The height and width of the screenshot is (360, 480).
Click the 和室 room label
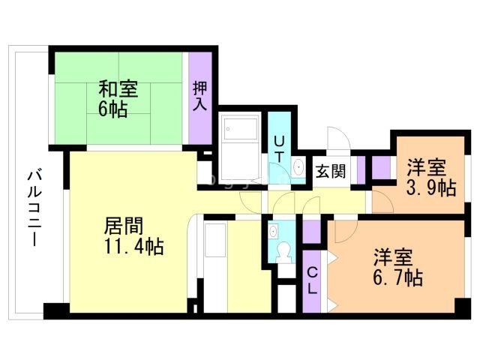coord(118,88)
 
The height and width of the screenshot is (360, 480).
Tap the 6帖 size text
coord(112,109)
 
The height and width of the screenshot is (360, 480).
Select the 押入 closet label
coord(200,97)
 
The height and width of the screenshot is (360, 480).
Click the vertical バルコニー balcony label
coord(34,208)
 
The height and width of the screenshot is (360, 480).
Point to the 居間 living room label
coord(124,226)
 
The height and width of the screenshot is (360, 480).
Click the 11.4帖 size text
coord(133,246)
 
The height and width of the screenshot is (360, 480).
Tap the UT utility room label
coord(278,149)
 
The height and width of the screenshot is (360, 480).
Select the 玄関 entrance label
coord(331,172)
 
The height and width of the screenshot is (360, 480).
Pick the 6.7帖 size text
coord(398,277)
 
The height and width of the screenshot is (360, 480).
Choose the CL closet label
coord(312,280)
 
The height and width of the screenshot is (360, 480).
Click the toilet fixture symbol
coord(283,252)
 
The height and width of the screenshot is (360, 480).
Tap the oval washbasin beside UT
coord(298,167)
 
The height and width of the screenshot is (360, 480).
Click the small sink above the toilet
coord(273,230)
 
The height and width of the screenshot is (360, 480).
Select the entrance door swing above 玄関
coord(338,138)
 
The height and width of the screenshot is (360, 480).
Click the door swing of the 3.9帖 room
coord(382,202)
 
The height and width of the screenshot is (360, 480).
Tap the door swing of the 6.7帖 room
coord(346,231)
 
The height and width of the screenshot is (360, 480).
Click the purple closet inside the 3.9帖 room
coord(382,167)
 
